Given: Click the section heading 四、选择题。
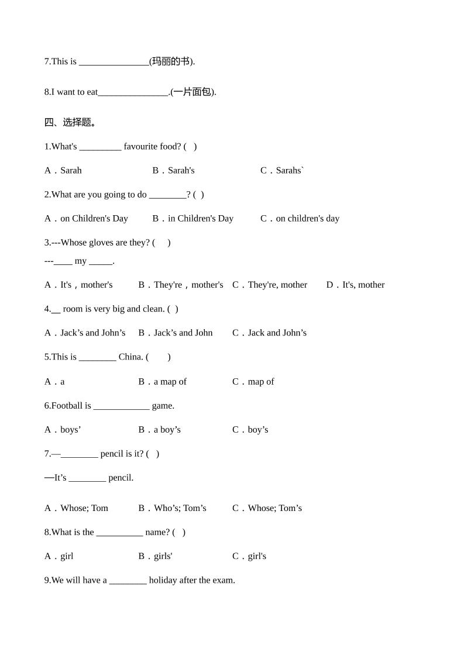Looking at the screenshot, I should pyautogui.click(x=70, y=122).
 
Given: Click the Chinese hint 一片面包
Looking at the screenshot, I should pyautogui.click(x=193, y=92).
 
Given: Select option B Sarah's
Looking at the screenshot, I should pyautogui.click(x=174, y=170).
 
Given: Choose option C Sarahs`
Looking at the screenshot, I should pyautogui.click(x=283, y=170).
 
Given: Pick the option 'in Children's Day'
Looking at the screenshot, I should pyautogui.click(x=193, y=218).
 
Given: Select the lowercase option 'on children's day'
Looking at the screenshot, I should pyautogui.click(x=300, y=218).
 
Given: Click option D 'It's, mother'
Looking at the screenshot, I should pyautogui.click(x=356, y=285).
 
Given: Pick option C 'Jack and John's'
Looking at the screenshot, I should pyautogui.click(x=270, y=333).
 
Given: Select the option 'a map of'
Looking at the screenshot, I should pyautogui.click(x=163, y=381).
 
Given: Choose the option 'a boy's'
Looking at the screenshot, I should pyautogui.click(x=160, y=429).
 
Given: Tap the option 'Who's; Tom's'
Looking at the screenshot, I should pyautogui.click(x=173, y=507).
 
